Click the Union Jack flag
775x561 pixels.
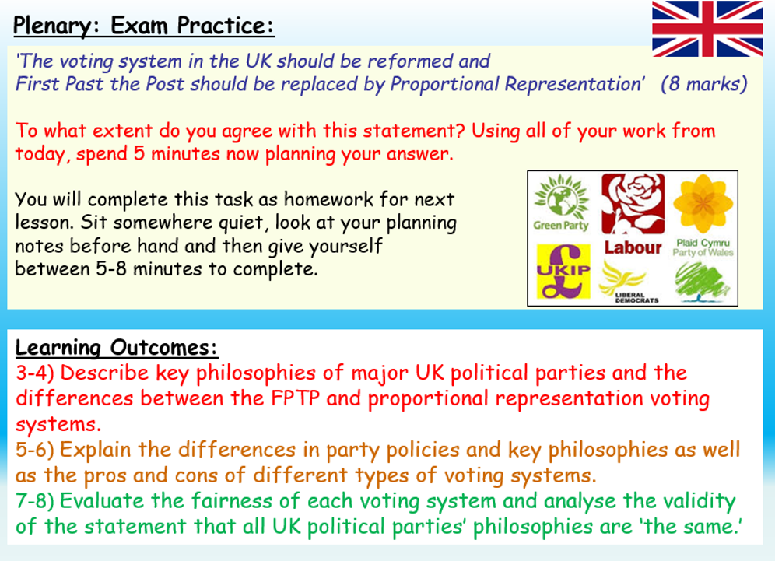pyautogui.click(x=707, y=28)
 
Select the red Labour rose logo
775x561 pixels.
pyautogui.click(x=631, y=204)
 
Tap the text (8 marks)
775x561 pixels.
pyautogui.click(x=703, y=85)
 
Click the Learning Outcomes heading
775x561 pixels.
pyautogui.click(x=117, y=347)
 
